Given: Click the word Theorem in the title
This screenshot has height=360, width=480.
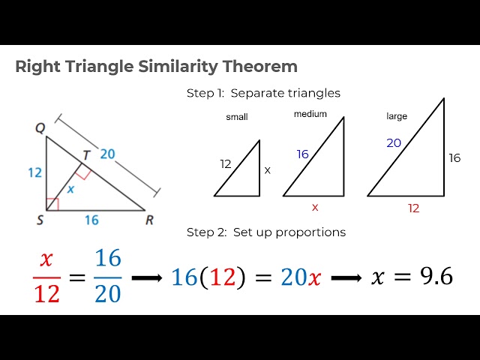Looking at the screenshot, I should click(x=259, y=67).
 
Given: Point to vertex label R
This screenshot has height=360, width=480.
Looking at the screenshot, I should click(x=149, y=220).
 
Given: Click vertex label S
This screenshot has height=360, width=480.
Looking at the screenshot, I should click(x=40, y=220).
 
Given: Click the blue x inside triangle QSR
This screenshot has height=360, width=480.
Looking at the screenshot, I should click(x=71, y=190).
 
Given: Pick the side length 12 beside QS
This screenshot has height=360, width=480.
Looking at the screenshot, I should click(x=33, y=172).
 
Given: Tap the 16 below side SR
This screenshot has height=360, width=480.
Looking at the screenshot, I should click(x=92, y=220).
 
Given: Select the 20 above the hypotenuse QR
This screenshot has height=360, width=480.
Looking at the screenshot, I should click(x=108, y=154).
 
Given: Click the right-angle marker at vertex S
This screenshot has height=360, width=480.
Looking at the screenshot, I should click(x=51, y=205).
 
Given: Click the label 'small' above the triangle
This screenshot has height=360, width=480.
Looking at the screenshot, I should click(x=236, y=117).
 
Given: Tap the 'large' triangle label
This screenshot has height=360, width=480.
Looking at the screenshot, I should click(x=397, y=116).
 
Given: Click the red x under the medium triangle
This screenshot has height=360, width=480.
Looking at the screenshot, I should click(x=315, y=207).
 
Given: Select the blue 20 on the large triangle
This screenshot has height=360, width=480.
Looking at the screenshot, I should click(x=394, y=142).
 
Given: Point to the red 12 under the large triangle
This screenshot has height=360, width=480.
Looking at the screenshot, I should click(x=413, y=208).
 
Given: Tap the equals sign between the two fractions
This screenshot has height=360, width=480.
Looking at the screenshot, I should click(x=76, y=277).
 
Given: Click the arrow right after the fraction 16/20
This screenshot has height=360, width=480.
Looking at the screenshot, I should click(x=148, y=277).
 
